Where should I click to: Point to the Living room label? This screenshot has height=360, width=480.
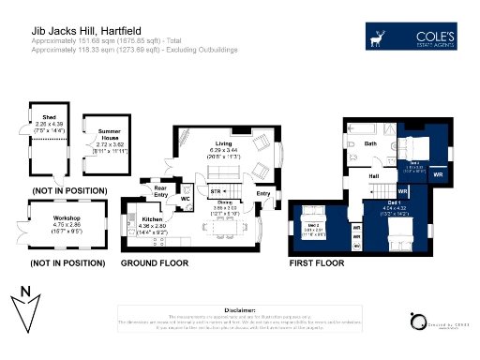222,143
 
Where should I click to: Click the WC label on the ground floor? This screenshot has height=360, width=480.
186,199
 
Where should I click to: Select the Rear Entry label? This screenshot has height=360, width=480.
160,190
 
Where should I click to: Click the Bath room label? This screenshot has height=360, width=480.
370,143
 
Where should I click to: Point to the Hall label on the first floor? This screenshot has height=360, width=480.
373,176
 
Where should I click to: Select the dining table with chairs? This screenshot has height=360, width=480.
225,226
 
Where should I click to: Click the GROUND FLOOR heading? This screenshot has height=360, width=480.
155,265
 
